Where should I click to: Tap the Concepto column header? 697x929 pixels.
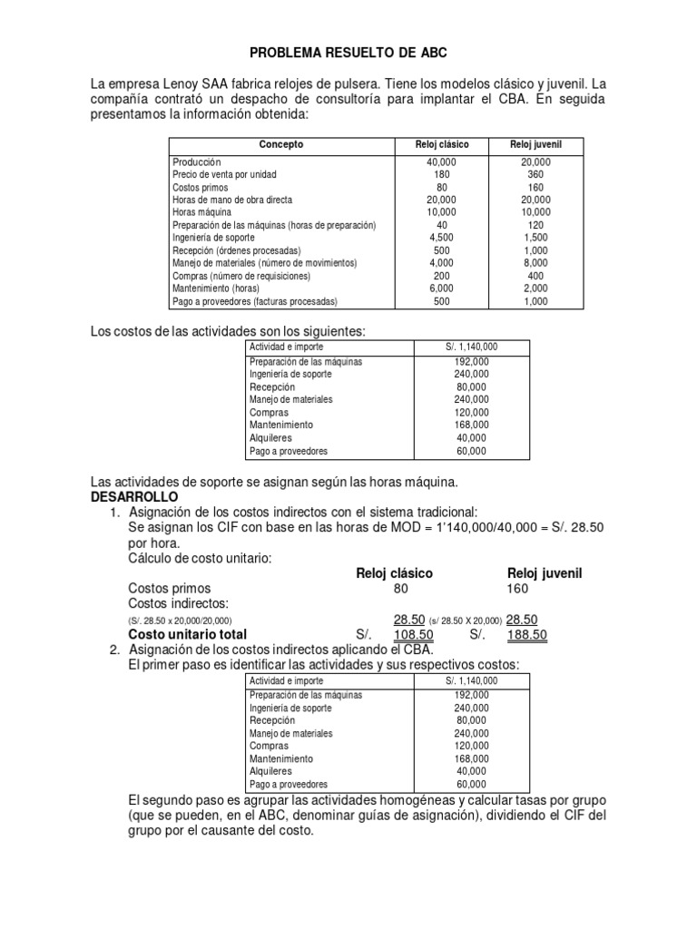(x=281, y=145)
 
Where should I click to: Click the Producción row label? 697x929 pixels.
(x=197, y=161)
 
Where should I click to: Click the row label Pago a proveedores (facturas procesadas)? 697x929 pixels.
(x=255, y=301)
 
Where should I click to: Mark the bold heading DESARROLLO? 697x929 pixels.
(x=135, y=498)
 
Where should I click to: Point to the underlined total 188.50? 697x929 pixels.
(x=526, y=635)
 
